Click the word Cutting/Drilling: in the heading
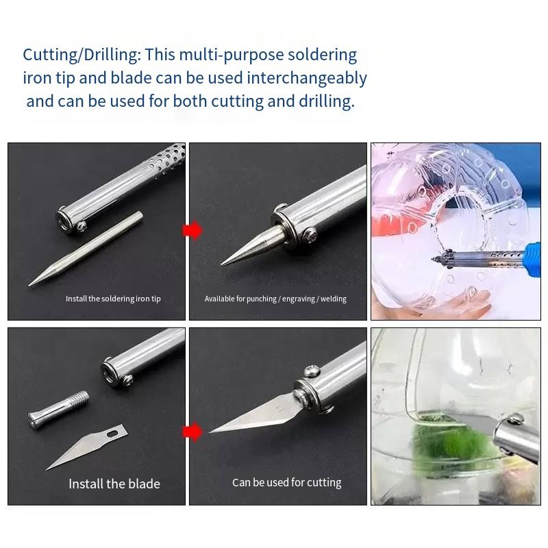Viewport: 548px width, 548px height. pyautogui.click(x=82, y=55)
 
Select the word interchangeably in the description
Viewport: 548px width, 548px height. pyautogui.click(x=307, y=78)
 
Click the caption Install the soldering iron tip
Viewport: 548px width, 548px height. pyautogui.click(x=113, y=299)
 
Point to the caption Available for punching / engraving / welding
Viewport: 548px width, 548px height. pyautogui.click(x=275, y=299)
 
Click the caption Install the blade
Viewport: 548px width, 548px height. pyautogui.click(x=114, y=484)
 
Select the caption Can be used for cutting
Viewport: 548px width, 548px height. pyautogui.click(x=286, y=482)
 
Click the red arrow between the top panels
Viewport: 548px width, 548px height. pyautogui.click(x=192, y=230)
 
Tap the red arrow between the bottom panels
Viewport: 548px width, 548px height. pyautogui.click(x=192, y=432)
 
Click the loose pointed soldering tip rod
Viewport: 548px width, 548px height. pyautogui.click(x=86, y=248)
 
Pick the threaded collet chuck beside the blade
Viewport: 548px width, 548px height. pyautogui.click(x=58, y=410)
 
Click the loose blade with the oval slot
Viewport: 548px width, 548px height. pyautogui.click(x=87, y=447)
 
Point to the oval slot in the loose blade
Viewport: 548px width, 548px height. pyautogui.click(x=112, y=434)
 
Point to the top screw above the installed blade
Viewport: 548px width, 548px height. pyautogui.click(x=312, y=371)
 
